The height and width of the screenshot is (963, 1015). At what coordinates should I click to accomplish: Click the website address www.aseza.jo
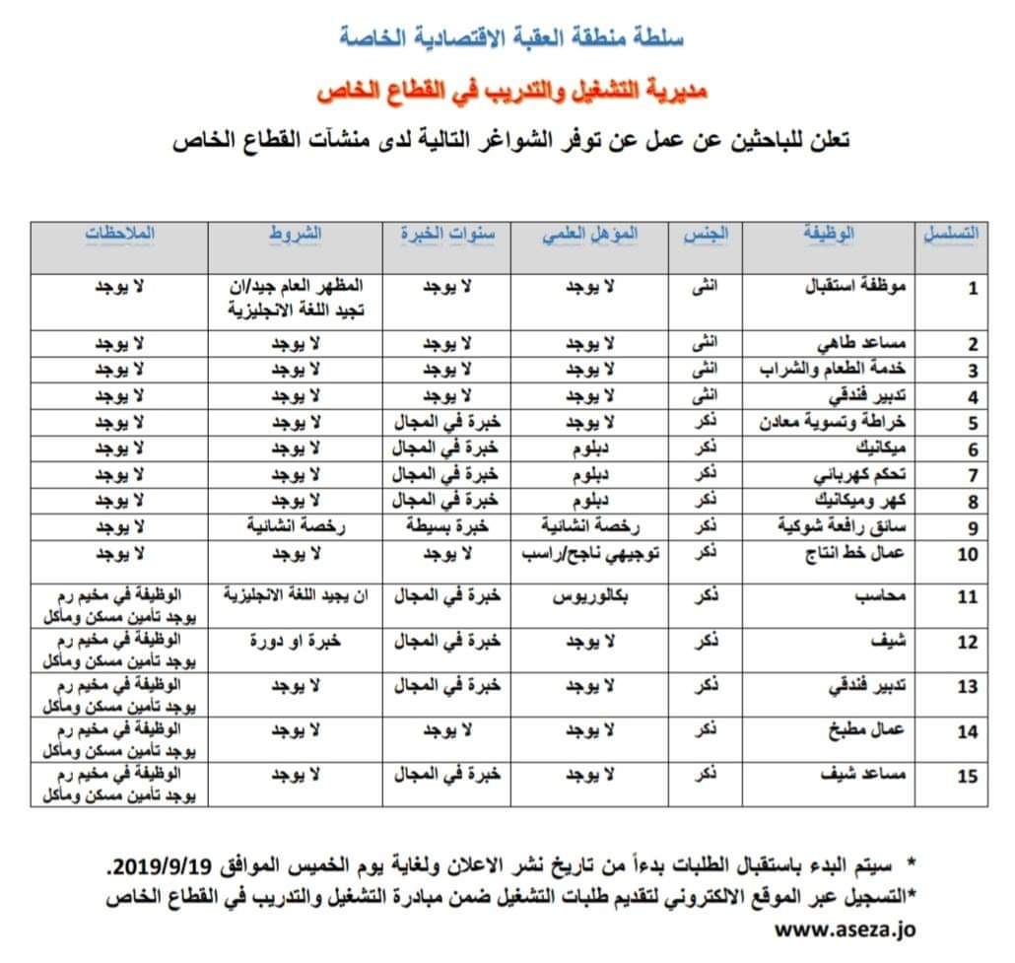coord(846,928)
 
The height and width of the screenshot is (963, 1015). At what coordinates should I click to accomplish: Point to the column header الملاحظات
coord(120,235)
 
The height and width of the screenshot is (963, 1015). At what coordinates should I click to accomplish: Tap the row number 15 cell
coord(968,776)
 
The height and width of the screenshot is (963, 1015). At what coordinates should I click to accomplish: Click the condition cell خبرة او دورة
coord(296,641)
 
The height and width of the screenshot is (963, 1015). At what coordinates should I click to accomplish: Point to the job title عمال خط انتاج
coord(865,553)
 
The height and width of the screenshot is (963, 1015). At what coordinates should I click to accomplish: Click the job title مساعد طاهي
coord(868,345)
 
